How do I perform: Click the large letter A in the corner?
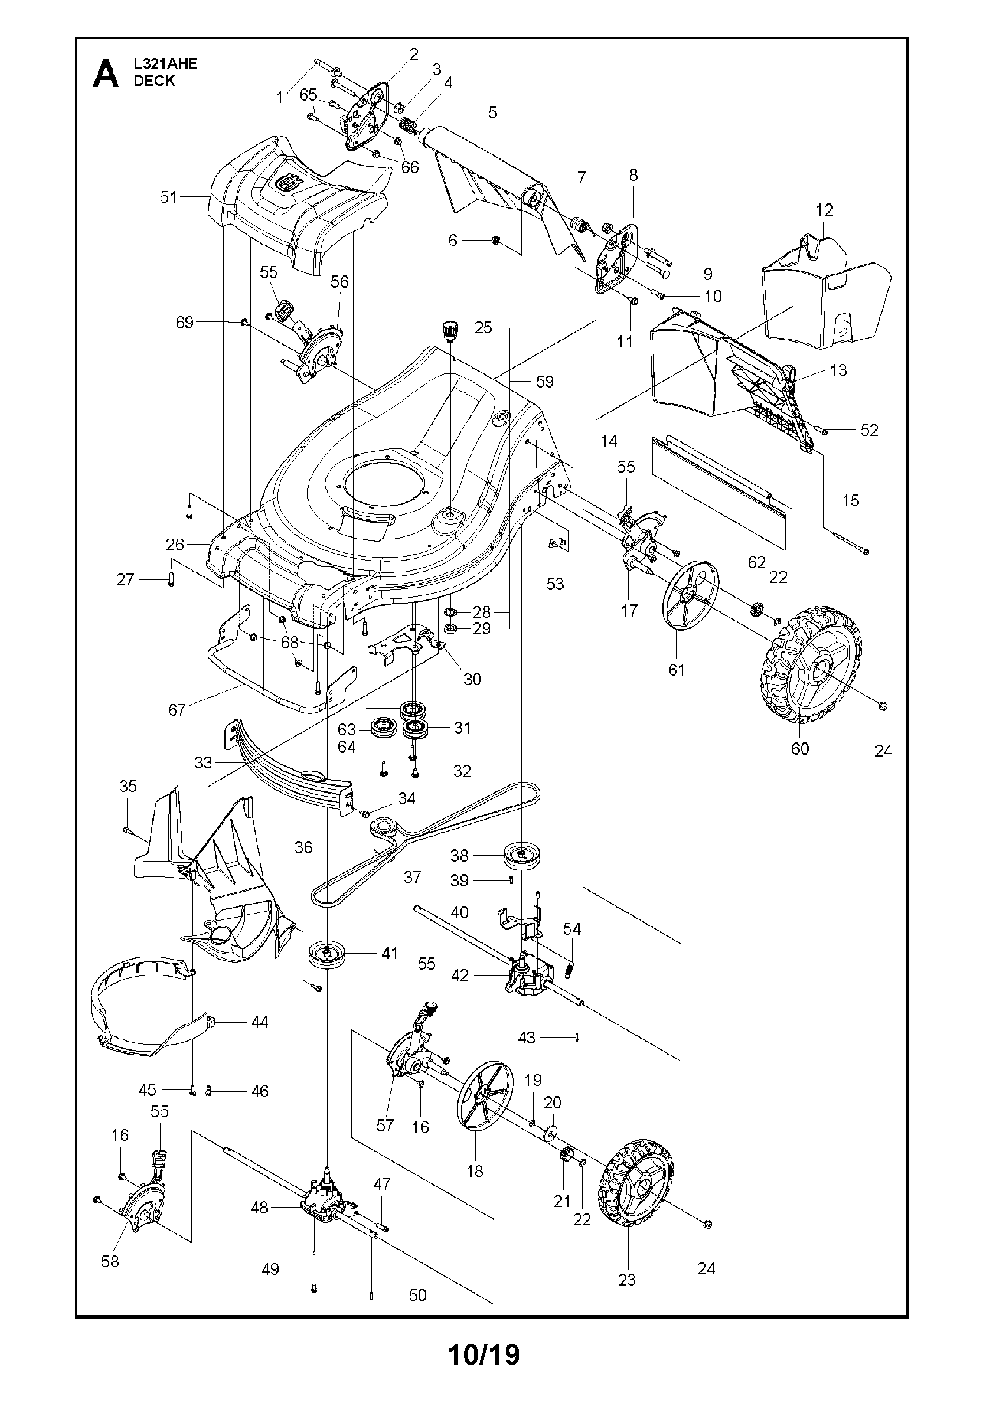[105, 74]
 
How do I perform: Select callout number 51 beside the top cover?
[168, 198]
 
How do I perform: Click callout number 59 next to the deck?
[544, 382]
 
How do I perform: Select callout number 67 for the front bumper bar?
[177, 710]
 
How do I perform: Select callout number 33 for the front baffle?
[203, 763]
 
